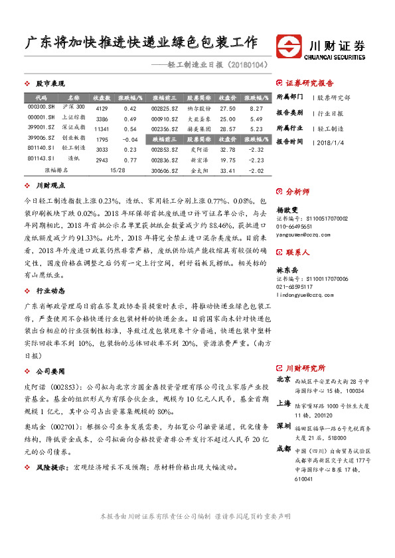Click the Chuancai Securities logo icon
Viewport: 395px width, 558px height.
289,46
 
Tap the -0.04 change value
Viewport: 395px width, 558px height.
130,140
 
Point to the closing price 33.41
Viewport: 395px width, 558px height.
228,170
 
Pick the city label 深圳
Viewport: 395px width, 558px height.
283,425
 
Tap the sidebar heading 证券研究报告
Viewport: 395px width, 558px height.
310,84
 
